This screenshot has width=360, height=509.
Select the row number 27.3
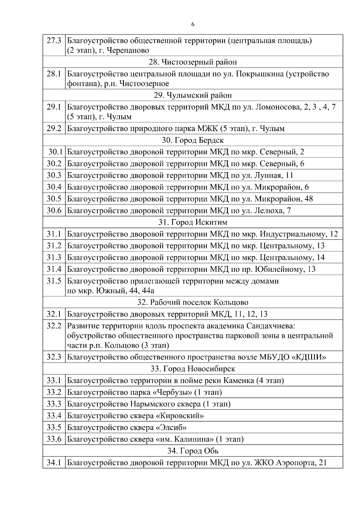54,40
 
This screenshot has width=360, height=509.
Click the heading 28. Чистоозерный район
193,62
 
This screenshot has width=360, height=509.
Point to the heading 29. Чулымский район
193,95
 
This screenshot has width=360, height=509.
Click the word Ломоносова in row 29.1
276,107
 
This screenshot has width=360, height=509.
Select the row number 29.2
54,129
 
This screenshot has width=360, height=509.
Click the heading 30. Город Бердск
193,140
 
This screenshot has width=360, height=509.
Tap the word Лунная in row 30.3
268,175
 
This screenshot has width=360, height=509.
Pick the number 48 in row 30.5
308,199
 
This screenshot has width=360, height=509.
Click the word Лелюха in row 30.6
268,211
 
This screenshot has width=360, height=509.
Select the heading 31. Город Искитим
193,222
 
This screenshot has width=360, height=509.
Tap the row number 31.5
54,281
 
